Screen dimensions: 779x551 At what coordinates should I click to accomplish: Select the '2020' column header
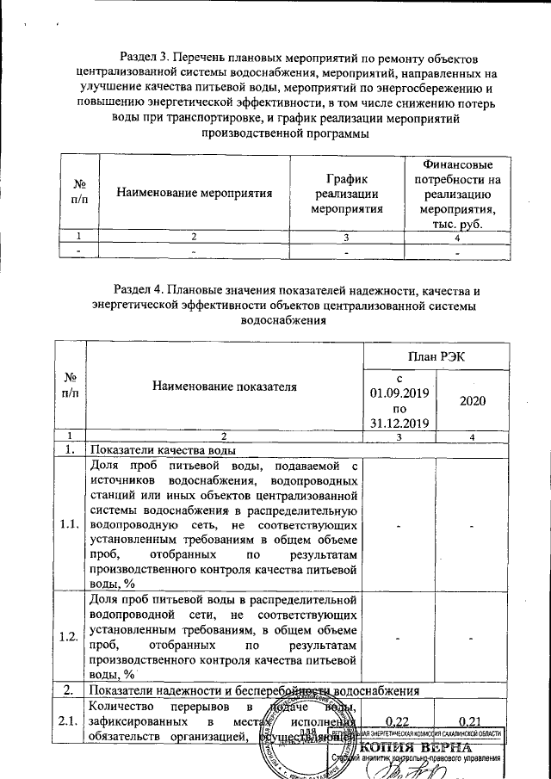(x=474, y=401)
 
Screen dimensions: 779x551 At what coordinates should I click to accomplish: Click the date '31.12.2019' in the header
(x=400, y=423)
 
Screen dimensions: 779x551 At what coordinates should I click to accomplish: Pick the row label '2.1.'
(x=71, y=721)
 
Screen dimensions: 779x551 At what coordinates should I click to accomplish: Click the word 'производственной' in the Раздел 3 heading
(x=249, y=134)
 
